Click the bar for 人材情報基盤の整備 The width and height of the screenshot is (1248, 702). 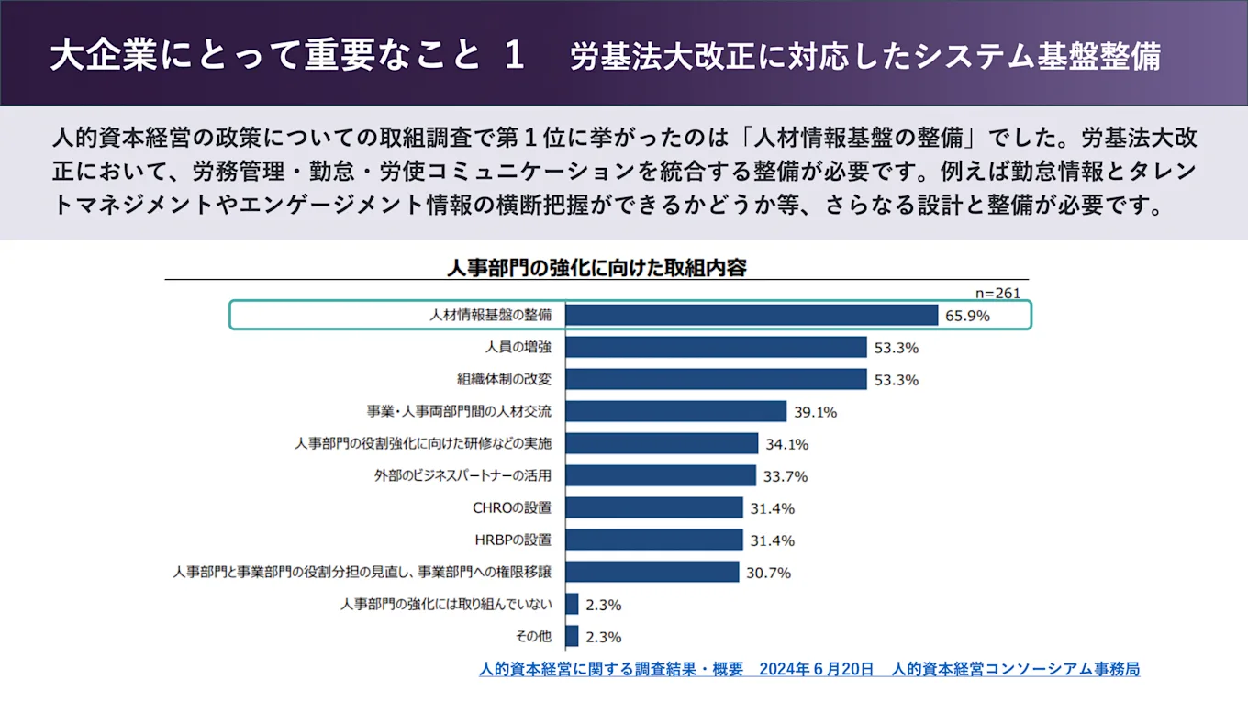click(752, 315)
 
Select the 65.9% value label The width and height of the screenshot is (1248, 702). click(967, 317)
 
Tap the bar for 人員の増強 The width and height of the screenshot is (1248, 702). click(716, 347)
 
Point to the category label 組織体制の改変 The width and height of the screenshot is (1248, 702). click(504, 379)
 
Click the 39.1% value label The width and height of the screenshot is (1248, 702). click(814, 412)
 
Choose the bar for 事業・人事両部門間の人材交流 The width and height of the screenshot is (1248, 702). click(675, 411)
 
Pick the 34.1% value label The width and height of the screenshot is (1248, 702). click(786, 444)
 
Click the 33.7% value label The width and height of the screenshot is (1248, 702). click(785, 476)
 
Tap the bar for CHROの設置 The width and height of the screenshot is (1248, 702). click(654, 507)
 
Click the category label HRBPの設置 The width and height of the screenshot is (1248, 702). click(512, 540)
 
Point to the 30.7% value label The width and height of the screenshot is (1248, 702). click(767, 573)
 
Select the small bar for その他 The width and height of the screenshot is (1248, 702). click(572, 636)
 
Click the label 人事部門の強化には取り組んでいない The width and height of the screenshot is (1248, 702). click(446, 604)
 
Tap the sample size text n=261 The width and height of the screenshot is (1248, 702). click(997, 293)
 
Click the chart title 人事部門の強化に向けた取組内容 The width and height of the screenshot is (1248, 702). click(596, 267)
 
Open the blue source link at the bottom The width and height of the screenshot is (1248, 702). click(808, 669)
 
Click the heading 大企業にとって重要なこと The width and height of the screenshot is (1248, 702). click(266, 55)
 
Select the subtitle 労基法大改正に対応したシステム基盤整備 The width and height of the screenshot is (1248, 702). click(864, 56)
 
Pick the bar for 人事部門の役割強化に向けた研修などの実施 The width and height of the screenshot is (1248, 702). click(662, 443)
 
